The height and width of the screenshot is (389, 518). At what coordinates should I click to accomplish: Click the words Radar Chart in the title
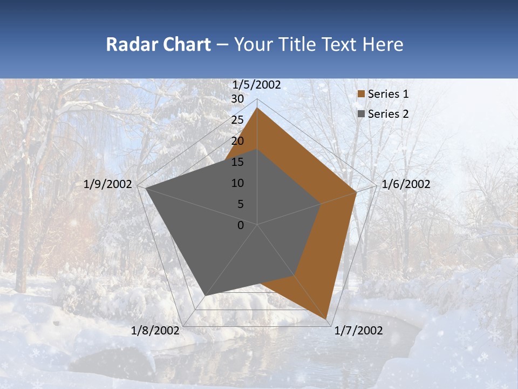tap(158, 44)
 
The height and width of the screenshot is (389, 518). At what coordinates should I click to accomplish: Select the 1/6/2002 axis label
tap(406, 184)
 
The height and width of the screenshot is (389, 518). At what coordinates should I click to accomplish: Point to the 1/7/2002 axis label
tap(358, 331)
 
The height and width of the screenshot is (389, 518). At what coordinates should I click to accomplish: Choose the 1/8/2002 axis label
tap(155, 331)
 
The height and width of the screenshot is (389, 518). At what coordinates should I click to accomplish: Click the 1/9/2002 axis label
tap(108, 184)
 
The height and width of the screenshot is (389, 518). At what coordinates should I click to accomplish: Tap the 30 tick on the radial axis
tap(237, 99)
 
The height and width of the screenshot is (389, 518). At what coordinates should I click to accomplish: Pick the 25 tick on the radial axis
tap(237, 120)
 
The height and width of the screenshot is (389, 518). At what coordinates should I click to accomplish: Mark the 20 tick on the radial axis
tap(237, 141)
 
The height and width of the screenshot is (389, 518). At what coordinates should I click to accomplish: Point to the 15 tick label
tap(237, 162)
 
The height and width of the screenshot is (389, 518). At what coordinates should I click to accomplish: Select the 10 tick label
tap(237, 183)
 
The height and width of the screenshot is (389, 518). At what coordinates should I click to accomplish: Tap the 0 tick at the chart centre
tap(241, 225)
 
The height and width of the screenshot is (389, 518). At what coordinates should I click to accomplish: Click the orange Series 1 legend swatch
tap(362, 94)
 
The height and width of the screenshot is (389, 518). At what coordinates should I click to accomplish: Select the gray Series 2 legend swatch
tap(362, 114)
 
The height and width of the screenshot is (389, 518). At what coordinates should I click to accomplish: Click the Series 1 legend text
tap(388, 94)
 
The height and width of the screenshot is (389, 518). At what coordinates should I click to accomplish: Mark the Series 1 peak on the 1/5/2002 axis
tap(257, 108)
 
